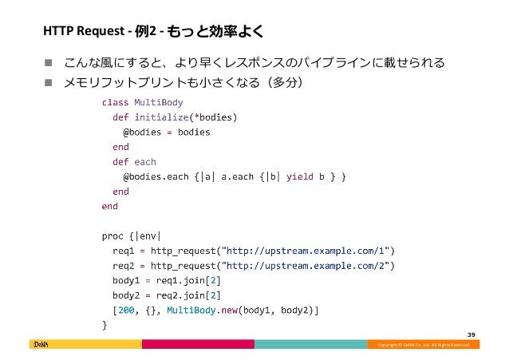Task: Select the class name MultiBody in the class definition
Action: (x=158, y=102)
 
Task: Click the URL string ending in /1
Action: (x=306, y=251)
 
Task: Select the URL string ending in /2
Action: (x=306, y=265)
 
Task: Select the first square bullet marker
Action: (x=48, y=62)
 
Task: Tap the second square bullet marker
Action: (x=48, y=82)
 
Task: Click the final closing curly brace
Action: (x=104, y=325)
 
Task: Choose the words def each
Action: (x=134, y=161)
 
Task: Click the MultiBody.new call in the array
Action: (x=197, y=310)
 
